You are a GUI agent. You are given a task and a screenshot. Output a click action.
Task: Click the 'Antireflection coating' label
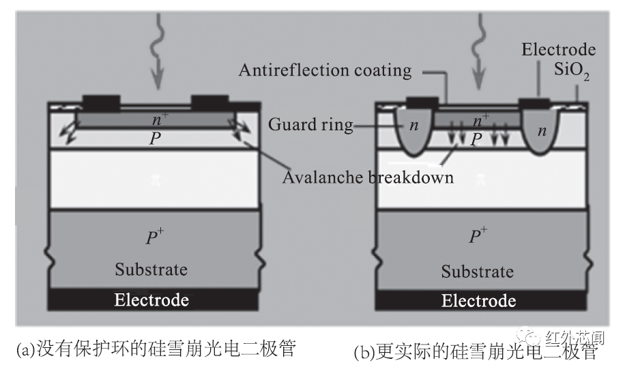pos(325,70)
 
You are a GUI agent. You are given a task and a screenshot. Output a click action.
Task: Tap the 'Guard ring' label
pos(310,125)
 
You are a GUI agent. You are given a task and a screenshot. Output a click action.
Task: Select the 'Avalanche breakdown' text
pos(368,178)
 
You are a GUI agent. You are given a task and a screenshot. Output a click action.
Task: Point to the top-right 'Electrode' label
pos(558,50)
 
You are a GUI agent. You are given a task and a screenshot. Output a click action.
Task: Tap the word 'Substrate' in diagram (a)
pos(151,269)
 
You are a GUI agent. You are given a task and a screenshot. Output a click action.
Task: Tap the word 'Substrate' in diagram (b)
pos(478,272)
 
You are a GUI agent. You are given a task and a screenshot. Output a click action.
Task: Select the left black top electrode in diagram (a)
pos(101,102)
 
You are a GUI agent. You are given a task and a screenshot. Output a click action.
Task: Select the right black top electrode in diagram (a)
pos(212,102)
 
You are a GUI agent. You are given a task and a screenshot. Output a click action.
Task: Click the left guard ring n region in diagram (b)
pos(412,129)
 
